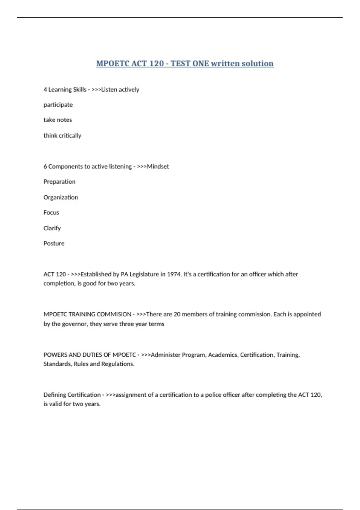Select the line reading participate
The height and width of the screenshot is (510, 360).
point(58,105)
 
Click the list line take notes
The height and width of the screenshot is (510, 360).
point(58,120)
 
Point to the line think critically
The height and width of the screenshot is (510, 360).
point(62,136)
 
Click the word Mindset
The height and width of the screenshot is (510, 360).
point(158,166)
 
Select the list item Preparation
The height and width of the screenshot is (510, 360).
point(59,182)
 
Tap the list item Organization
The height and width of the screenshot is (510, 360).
point(61,197)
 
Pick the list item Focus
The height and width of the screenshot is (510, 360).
point(51,213)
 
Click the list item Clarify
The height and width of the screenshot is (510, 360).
point(52,228)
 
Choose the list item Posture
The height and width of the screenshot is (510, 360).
point(54,244)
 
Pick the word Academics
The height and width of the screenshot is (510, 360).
point(223,355)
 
